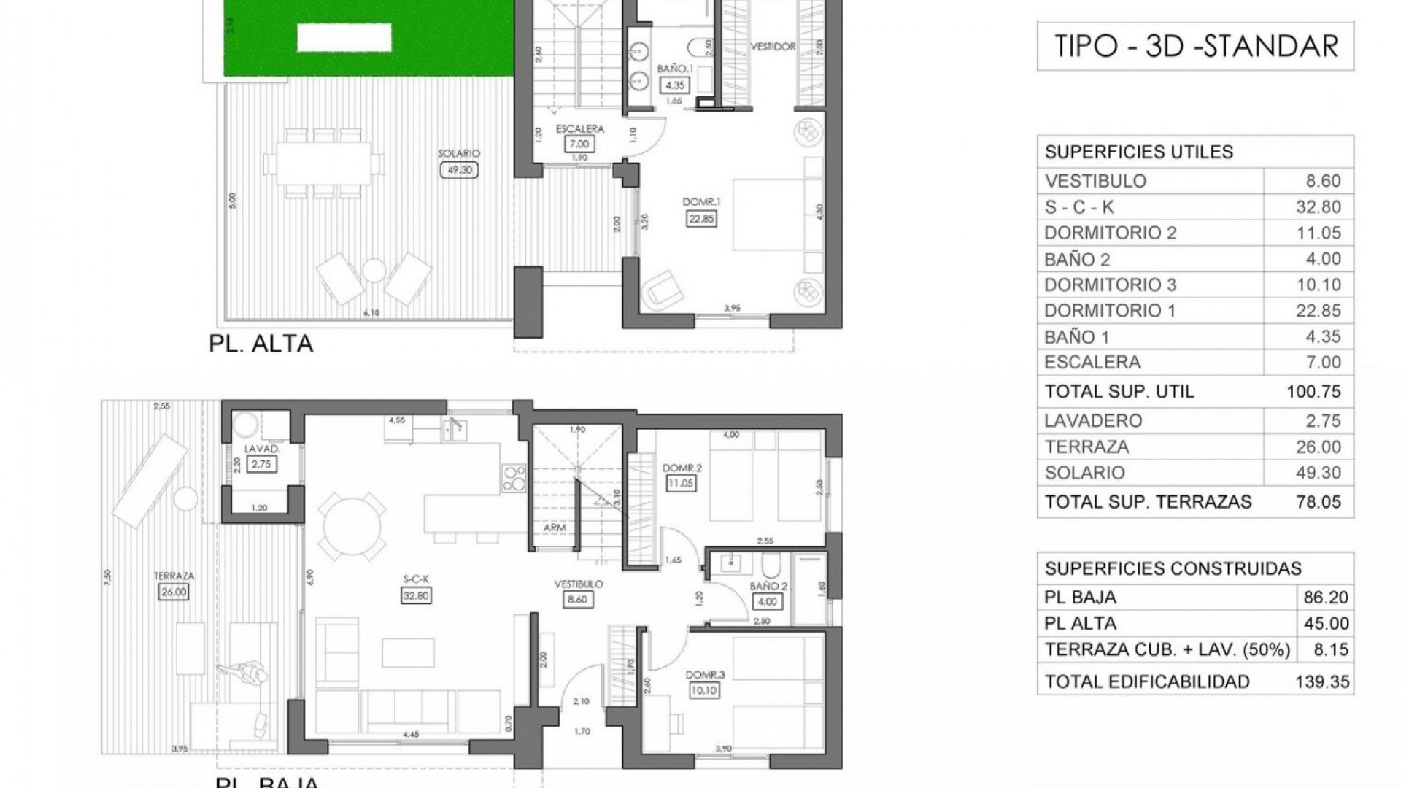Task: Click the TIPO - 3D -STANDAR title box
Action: pos(1195,46)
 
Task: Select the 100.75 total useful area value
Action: pos(1313,392)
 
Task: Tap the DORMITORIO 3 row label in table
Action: pos(1110,285)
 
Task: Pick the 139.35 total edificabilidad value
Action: pos(1321,681)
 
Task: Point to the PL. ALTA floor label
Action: pos(260,344)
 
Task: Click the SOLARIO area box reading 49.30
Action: pos(459,170)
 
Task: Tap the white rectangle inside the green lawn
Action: pos(343,37)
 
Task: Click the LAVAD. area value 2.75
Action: pos(260,463)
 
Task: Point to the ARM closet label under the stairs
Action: pos(555,528)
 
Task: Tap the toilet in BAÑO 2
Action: pos(771,565)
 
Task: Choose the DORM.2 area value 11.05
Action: pos(680,482)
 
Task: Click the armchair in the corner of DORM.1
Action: pos(660,289)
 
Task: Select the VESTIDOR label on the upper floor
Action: pos(773,47)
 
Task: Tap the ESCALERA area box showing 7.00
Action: pos(579,144)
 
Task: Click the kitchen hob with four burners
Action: pos(514,479)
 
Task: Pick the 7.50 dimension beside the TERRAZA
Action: pos(108,578)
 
